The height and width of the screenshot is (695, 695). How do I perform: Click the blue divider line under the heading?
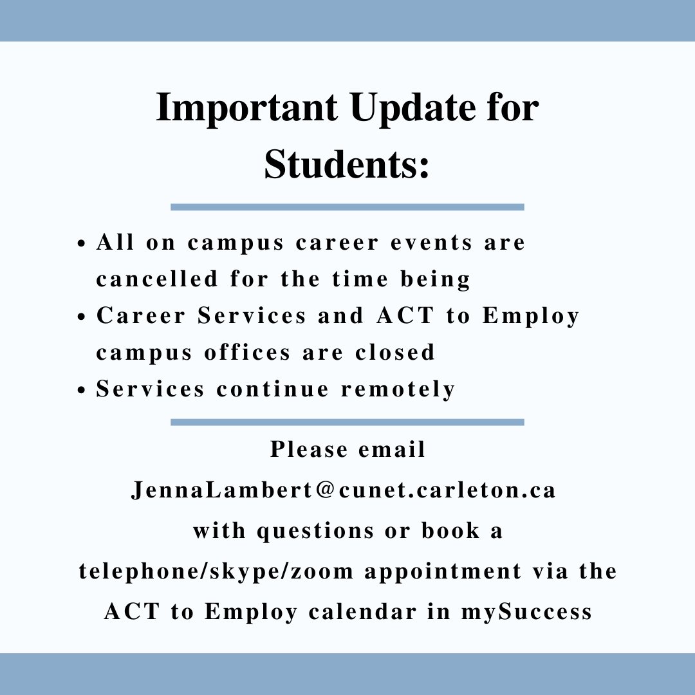[x=347, y=207]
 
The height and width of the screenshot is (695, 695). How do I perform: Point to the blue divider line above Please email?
[x=347, y=422]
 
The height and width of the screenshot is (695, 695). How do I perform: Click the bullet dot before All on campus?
[x=81, y=245]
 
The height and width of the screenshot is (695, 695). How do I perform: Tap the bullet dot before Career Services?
[x=81, y=318]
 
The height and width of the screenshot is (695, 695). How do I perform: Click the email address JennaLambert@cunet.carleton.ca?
[x=343, y=490]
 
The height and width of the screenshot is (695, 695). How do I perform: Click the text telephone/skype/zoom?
[x=216, y=571]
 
